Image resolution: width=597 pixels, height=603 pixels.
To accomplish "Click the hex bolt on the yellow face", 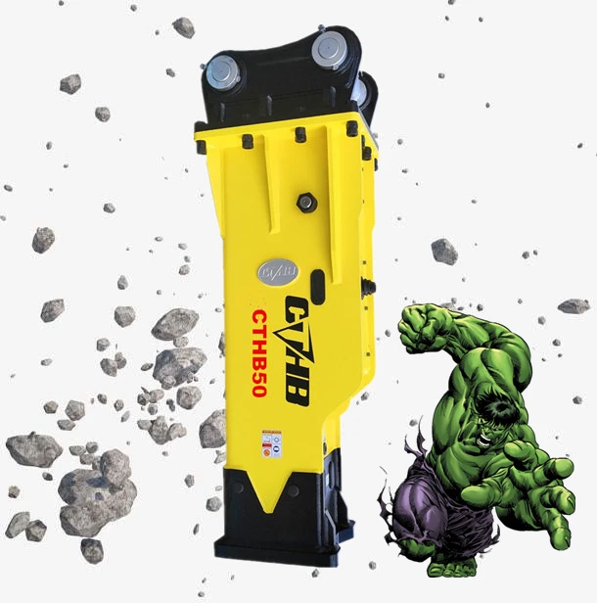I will coord(305,202).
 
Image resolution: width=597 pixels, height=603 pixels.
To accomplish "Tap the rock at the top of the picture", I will coord(183,26).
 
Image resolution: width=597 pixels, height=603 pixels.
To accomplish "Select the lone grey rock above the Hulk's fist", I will coord(444,252).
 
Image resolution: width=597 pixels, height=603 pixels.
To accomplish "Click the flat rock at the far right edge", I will coord(574,305).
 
